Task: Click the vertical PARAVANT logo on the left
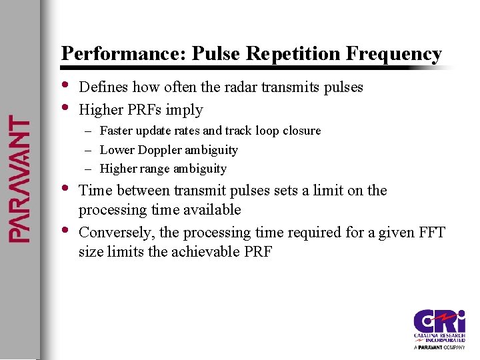tap(19, 179)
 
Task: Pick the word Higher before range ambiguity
tap(118, 169)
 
